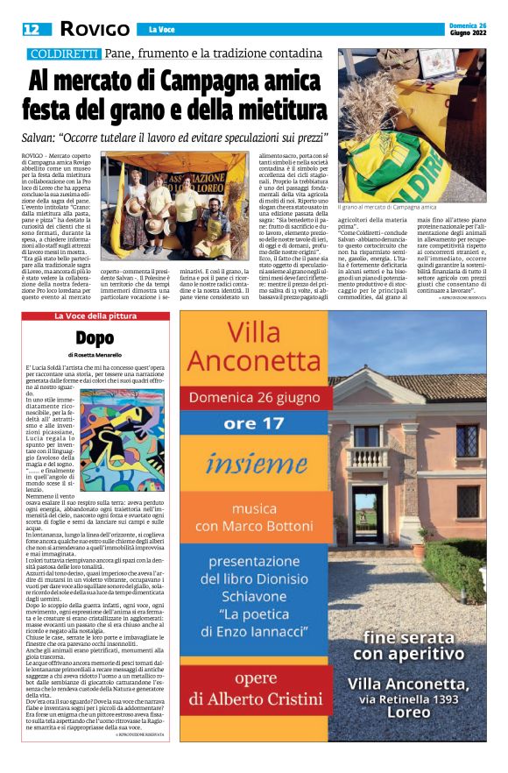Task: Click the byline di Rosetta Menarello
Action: [96, 354]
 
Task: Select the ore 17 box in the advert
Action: [252, 423]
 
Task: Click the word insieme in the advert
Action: [252, 461]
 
